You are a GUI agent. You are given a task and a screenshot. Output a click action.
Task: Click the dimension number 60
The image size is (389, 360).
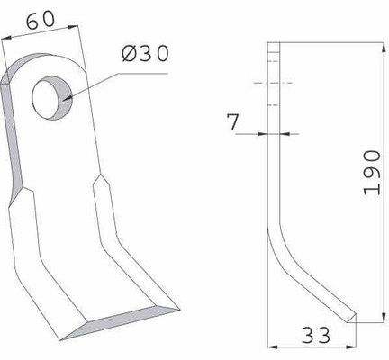41,21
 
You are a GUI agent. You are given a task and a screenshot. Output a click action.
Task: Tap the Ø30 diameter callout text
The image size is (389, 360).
146,54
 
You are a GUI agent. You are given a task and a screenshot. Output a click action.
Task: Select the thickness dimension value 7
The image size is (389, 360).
233,121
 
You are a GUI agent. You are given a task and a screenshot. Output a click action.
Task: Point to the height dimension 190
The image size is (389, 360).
372,173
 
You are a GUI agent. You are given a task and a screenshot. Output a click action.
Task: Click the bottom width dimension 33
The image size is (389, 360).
316,335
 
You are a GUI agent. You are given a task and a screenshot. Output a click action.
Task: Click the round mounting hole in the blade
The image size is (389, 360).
52,98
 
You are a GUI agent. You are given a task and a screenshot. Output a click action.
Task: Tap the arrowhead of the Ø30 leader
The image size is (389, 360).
68,98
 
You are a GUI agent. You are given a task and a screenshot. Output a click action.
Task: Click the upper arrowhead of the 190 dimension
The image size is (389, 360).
384,48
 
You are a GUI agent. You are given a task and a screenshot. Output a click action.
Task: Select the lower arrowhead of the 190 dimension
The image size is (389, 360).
384,317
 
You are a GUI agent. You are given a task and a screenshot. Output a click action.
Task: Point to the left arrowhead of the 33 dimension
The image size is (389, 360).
272,346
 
